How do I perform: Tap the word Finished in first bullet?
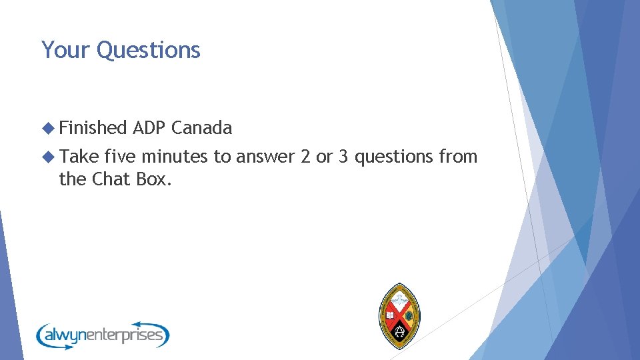[93, 127]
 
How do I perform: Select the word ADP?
[149, 127]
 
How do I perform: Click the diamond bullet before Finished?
[48, 128]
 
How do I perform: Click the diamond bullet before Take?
[48, 157]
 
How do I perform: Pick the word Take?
[79, 157]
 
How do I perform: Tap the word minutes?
[175, 157]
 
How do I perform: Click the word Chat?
[111, 179]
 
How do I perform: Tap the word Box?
[154, 179]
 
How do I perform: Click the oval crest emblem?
[399, 315]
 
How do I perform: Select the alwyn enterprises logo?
[103, 334]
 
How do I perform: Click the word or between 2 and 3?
[323, 157]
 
